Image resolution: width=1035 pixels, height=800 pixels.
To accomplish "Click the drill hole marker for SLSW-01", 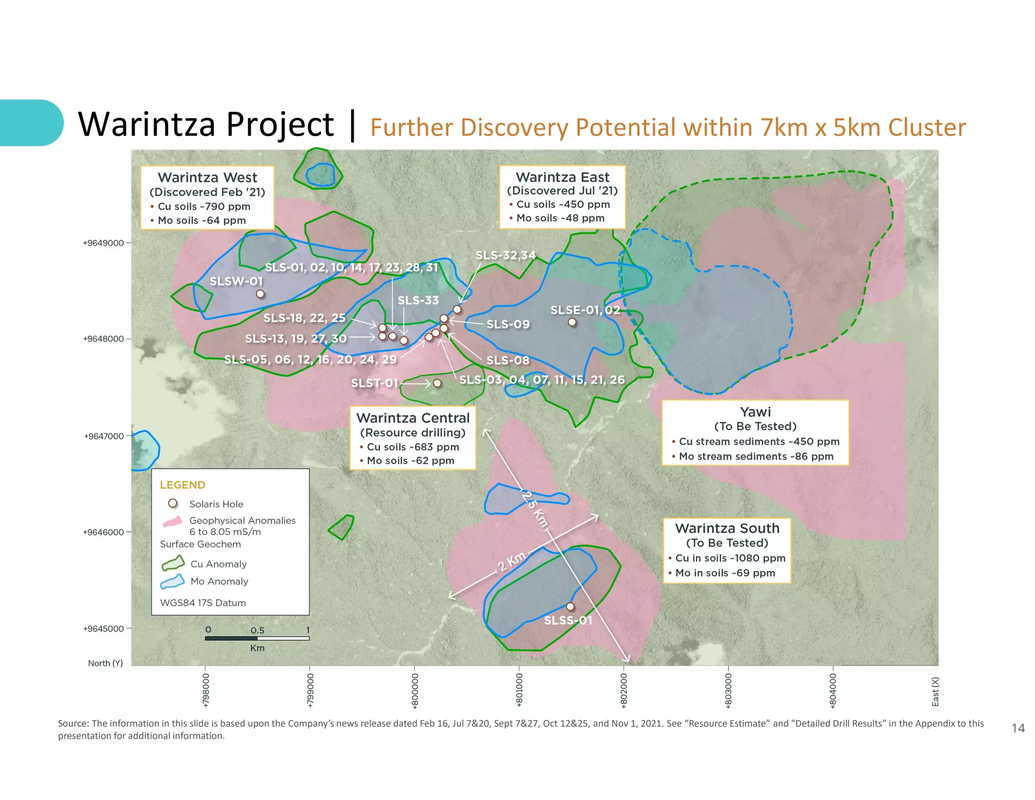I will [x=260, y=294].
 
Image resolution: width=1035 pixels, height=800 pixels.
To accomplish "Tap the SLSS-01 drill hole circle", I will [x=570, y=606].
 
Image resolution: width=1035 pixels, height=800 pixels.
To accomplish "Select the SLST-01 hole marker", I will [x=437, y=383].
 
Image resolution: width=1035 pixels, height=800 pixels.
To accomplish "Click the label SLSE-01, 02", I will [x=585, y=310].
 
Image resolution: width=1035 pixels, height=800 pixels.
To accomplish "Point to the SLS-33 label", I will [x=418, y=300].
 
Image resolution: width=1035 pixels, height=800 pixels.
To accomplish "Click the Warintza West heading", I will [x=207, y=177].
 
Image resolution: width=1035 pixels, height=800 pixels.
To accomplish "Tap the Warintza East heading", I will [x=562, y=177].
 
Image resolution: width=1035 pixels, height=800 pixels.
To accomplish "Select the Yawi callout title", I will [x=755, y=412].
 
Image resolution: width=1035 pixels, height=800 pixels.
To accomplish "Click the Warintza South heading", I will [x=727, y=528].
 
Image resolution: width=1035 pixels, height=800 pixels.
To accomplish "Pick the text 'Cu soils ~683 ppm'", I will [x=412, y=447].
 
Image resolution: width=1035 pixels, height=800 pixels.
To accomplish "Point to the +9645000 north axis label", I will [x=104, y=629].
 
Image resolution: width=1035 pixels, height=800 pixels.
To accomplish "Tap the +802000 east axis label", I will [x=624, y=690].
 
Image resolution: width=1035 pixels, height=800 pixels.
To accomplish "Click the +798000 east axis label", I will [x=205, y=690].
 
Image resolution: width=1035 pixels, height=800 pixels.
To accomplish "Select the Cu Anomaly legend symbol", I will [x=172, y=563].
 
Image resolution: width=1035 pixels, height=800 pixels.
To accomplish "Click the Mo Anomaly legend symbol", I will [x=172, y=582].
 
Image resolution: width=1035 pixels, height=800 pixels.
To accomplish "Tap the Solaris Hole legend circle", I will [x=173, y=504].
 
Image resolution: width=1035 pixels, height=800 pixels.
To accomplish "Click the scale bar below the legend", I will [x=257, y=638].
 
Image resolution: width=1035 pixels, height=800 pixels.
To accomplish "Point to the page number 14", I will [x=1018, y=728].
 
